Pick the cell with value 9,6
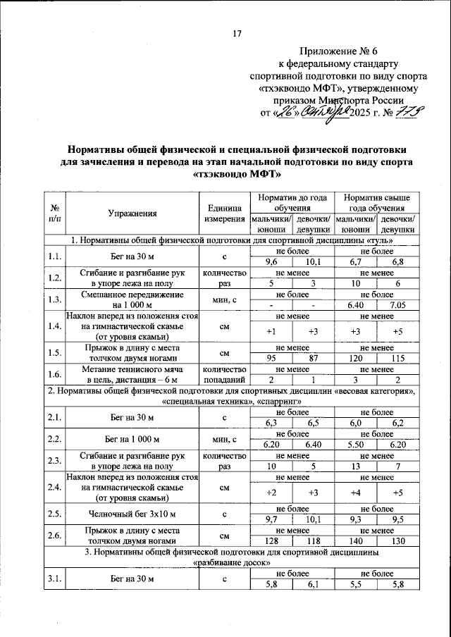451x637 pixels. [x=271, y=261]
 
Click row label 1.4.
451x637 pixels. [x=54, y=326]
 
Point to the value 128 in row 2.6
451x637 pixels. [x=271, y=540]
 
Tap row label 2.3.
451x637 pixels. [x=54, y=461]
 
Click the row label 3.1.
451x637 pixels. [x=54, y=579]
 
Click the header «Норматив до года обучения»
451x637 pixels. [x=292, y=203]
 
